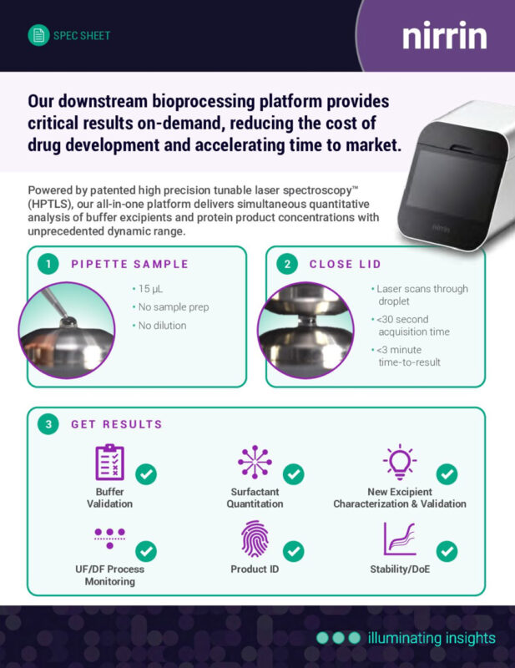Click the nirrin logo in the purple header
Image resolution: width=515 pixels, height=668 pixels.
pyautogui.click(x=445, y=35)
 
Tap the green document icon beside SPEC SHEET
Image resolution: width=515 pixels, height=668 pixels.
pyautogui.click(x=38, y=35)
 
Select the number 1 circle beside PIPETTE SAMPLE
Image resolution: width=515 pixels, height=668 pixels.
pyautogui.click(x=48, y=264)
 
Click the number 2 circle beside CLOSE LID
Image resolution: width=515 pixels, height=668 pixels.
pyautogui.click(x=287, y=264)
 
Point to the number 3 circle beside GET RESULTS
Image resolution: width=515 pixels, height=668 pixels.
pyautogui.click(x=48, y=424)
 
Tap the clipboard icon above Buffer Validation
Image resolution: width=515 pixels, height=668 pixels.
pyautogui.click(x=110, y=463)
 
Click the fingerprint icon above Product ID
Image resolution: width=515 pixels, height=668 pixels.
pyautogui.click(x=255, y=539)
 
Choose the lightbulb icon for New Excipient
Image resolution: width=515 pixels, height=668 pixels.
pyautogui.click(x=400, y=462)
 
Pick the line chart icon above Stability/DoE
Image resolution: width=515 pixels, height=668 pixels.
pyautogui.click(x=400, y=539)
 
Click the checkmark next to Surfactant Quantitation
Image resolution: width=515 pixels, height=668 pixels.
pyautogui.click(x=294, y=474)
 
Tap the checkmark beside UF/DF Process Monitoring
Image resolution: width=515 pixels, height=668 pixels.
pyautogui.click(x=146, y=551)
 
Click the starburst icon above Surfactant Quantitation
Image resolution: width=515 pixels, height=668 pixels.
pyautogui.click(x=255, y=462)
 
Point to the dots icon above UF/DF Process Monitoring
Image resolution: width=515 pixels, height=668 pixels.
pyautogui.click(x=110, y=538)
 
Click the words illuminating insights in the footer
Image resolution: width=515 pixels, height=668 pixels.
pyautogui.click(x=432, y=638)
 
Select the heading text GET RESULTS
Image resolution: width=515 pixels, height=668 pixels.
pyautogui.click(x=117, y=424)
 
